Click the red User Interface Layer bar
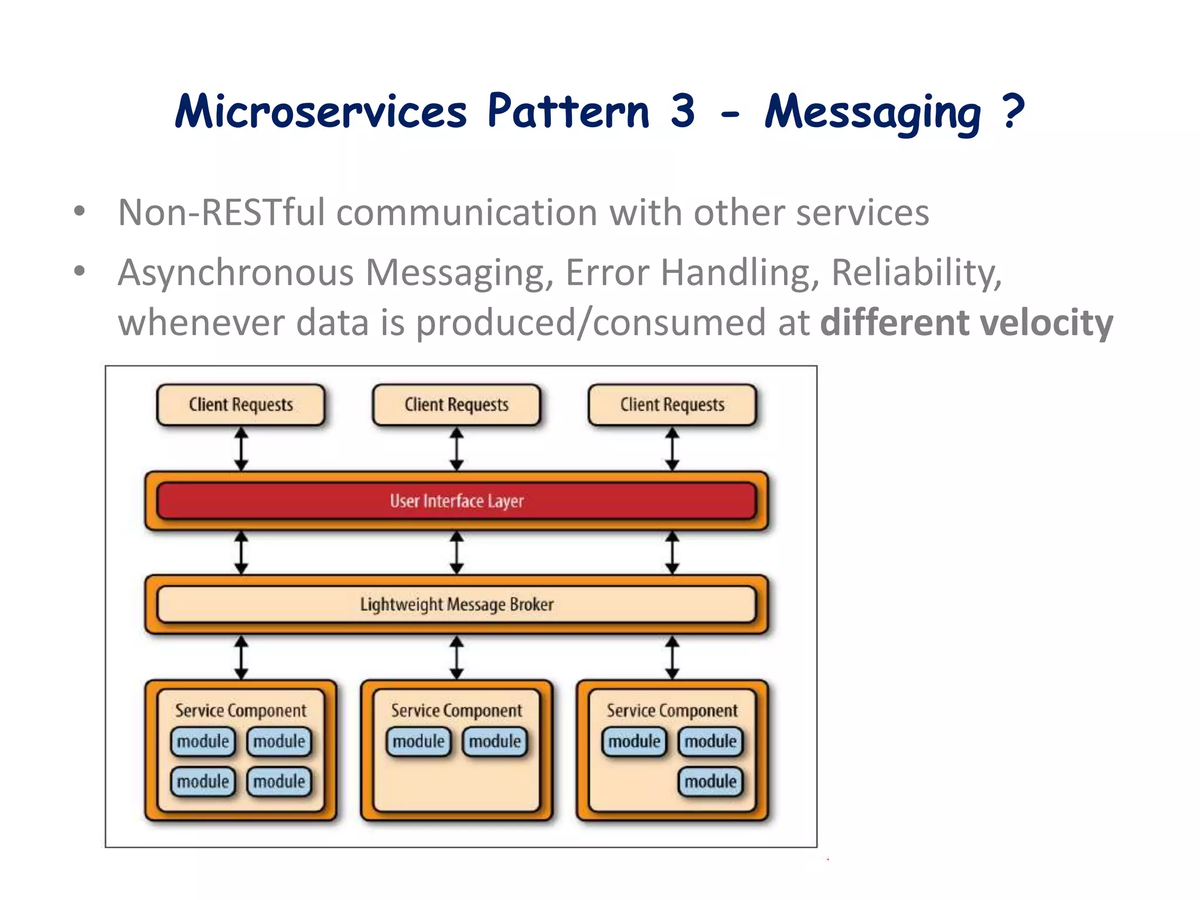[x=456, y=501]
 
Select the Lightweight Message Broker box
[x=456, y=604]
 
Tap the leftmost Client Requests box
[x=240, y=404]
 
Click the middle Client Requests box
[x=456, y=404]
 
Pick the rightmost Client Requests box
[x=672, y=404]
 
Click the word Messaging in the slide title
[x=872, y=112]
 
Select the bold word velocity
[x=1046, y=322]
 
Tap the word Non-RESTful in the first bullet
[x=221, y=212]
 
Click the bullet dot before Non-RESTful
[x=80, y=212]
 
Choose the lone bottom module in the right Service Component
[x=710, y=781]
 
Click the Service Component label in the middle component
[x=456, y=711]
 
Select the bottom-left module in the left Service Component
[x=203, y=781]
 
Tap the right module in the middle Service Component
[x=495, y=741]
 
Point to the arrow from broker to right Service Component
[x=672, y=657]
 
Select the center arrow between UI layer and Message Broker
[x=456, y=553]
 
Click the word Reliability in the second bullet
[x=916, y=273]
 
